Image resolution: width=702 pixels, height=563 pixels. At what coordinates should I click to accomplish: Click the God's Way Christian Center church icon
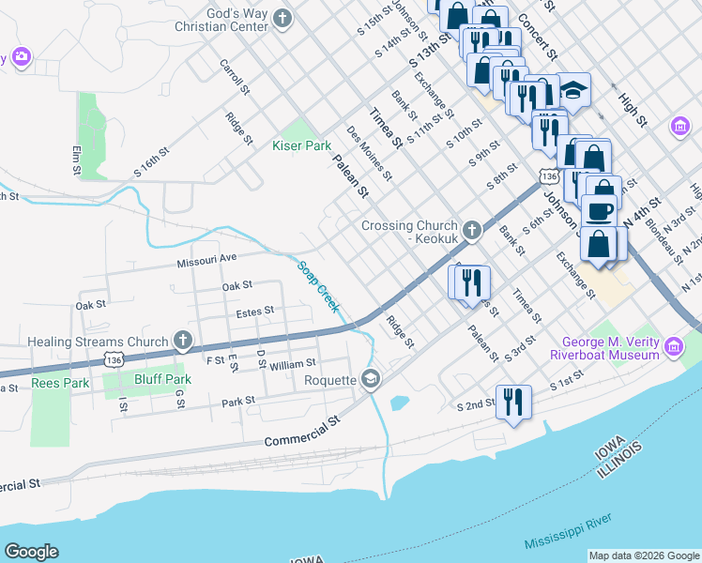(x=283, y=18)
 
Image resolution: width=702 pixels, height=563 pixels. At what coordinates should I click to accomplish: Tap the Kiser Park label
(x=301, y=145)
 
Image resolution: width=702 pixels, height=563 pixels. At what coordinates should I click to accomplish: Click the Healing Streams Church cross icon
(x=184, y=342)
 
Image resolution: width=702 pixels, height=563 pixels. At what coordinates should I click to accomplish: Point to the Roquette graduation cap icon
(x=371, y=379)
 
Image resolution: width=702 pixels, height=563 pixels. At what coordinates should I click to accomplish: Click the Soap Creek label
(x=318, y=287)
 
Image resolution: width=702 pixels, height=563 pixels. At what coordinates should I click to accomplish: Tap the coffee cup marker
(x=600, y=210)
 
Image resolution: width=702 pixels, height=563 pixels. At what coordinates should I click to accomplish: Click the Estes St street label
(x=254, y=311)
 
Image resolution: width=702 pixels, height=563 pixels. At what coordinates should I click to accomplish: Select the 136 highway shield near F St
(x=113, y=359)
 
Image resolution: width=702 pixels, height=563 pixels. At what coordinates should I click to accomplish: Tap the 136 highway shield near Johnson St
(x=550, y=175)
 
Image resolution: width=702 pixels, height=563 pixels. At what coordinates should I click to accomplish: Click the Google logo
(x=31, y=552)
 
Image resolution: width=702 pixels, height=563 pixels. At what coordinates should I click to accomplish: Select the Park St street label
(x=238, y=401)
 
